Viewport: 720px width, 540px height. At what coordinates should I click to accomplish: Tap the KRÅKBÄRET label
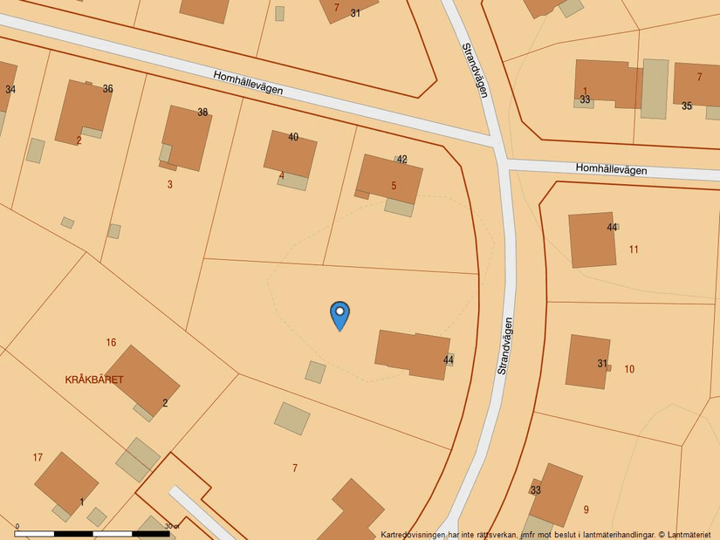[x=94, y=379]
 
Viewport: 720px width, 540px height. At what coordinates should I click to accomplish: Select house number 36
[x=107, y=89]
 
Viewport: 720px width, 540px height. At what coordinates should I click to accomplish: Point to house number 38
[x=202, y=113]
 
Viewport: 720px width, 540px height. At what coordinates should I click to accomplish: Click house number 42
[x=401, y=159]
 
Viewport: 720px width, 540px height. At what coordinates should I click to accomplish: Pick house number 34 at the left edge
[x=10, y=90]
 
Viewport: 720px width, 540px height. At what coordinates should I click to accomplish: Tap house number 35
[x=687, y=106]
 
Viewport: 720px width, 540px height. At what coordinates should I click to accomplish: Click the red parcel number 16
[x=111, y=343]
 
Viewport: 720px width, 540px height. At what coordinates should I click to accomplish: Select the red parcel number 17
[x=38, y=457]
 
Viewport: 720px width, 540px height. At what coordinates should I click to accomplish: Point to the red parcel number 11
[x=634, y=249]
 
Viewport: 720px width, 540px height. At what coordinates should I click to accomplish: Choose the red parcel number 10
[x=629, y=369]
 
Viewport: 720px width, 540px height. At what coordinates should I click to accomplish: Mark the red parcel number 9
[x=586, y=509]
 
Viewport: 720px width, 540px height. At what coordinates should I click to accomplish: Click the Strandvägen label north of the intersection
[x=474, y=71]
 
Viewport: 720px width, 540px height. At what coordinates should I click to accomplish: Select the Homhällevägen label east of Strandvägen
[x=611, y=169]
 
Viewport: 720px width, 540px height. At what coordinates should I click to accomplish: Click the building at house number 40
[x=290, y=154]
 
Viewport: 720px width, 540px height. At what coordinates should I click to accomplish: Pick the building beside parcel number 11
[x=592, y=239]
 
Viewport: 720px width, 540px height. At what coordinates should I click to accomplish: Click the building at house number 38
[x=186, y=137]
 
